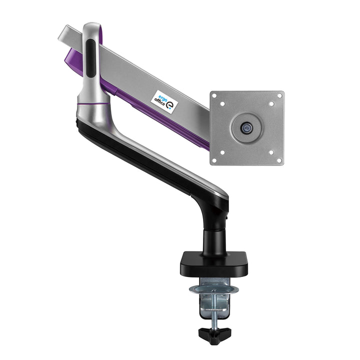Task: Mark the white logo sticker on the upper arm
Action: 163,100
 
